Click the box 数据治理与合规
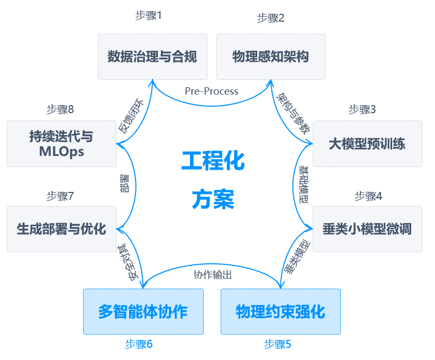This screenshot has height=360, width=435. click(x=152, y=57)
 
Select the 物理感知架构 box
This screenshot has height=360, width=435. click(x=270, y=57)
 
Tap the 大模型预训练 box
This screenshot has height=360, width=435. click(x=367, y=143)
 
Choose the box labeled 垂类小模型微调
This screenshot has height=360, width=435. click(x=367, y=229)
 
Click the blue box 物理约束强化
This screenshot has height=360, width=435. click(x=280, y=311)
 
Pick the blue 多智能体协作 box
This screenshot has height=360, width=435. click(x=143, y=311)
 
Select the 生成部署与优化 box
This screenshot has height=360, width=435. click(x=61, y=229)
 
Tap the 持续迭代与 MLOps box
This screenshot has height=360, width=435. click(x=61, y=144)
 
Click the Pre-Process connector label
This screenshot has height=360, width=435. click(x=212, y=91)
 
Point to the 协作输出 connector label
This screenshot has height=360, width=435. click(x=213, y=275)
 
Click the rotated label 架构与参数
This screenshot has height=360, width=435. click(x=293, y=113)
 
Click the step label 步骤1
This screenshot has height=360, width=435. click(x=148, y=15)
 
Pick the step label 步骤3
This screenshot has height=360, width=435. click(x=362, y=109)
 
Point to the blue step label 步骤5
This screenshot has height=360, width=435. click(x=278, y=345)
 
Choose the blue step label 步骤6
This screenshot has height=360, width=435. click(x=139, y=345)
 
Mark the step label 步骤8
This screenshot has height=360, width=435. click(x=60, y=109)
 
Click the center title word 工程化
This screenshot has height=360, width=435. click(x=213, y=161)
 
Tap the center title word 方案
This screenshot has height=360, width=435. click(x=213, y=199)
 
